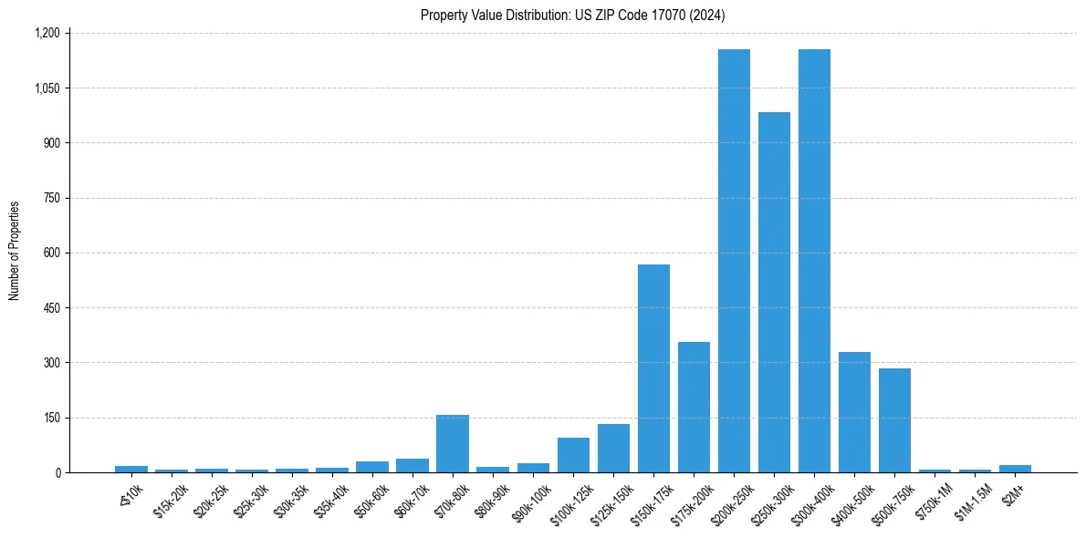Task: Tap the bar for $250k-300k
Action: [x=774, y=292]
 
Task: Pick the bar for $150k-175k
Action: [x=653, y=368]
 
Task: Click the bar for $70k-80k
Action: [x=453, y=444]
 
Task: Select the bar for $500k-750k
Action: [x=894, y=420]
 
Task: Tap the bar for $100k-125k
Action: [x=573, y=455]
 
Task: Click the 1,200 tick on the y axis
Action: [x=47, y=33]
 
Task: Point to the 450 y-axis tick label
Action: [x=52, y=308]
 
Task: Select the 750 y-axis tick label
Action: [x=52, y=198]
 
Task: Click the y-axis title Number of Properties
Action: [x=15, y=251]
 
